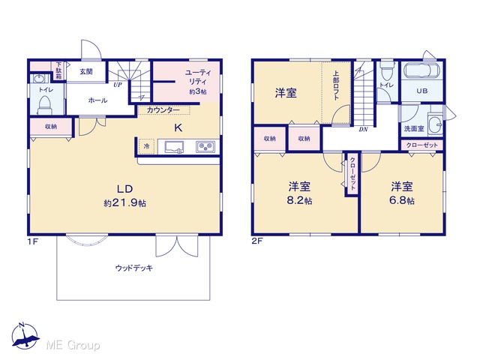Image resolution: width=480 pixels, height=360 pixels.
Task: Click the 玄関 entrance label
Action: tap(86, 72)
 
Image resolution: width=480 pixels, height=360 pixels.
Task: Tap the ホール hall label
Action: tap(97, 100)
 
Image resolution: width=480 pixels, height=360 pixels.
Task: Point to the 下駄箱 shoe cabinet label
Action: tap(58, 70)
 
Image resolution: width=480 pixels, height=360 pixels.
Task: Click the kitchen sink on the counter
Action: tap(174, 147)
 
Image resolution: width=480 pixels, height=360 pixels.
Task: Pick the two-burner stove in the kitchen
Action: tap(205, 147)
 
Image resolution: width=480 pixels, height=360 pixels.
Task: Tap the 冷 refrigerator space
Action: tap(147, 146)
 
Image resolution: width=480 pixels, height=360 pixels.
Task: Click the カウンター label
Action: tap(163, 110)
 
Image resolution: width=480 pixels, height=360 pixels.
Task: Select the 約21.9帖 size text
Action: tap(124, 202)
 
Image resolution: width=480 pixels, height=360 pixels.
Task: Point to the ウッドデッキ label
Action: tap(133, 268)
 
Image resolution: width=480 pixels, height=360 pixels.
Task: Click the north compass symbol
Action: tap(25, 335)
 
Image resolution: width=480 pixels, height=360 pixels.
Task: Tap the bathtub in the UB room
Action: tap(421, 71)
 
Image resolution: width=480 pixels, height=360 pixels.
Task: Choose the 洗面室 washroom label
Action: tap(414, 128)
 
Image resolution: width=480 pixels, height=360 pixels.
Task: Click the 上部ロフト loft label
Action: tap(336, 85)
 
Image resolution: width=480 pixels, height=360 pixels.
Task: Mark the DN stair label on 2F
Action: tap(363, 130)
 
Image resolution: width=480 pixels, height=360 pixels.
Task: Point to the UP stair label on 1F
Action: tap(118, 85)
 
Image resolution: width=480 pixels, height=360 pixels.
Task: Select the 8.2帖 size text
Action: tap(299, 200)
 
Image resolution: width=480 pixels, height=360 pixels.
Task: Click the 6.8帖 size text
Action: tap(402, 200)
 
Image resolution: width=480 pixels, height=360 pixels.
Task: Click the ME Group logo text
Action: tap(73, 345)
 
